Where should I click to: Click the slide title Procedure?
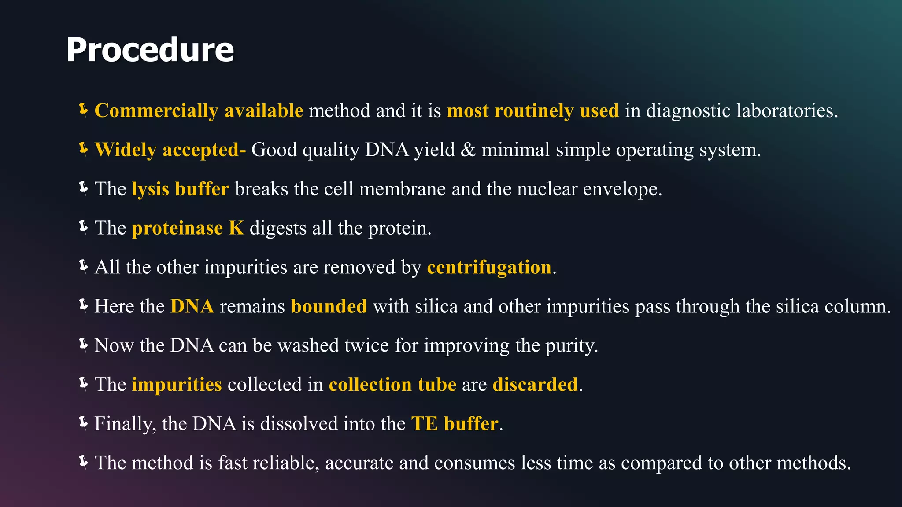click(150, 50)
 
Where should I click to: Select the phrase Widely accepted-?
click(170, 150)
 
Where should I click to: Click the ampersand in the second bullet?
click(468, 150)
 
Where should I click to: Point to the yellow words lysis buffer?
click(180, 189)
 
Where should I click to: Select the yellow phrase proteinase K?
click(188, 228)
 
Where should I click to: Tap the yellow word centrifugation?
click(489, 268)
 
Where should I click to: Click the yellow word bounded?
click(329, 307)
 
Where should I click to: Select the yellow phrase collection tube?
click(392, 385)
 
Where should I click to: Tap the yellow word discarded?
click(535, 385)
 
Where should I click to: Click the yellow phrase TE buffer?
click(455, 424)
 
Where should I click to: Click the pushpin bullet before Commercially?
click(83, 110)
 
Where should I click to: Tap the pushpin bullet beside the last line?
click(83, 462)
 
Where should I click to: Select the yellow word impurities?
click(177, 385)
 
